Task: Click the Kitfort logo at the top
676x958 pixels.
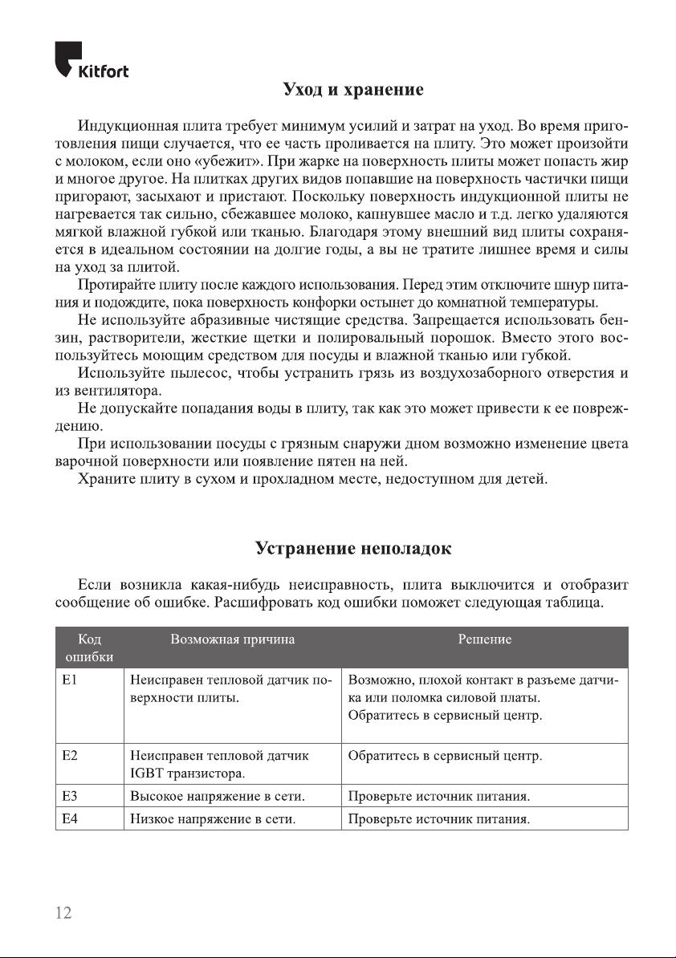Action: point(92,60)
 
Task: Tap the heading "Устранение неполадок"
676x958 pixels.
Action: point(352,549)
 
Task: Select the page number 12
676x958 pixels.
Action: point(63,912)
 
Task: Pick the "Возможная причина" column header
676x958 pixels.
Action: point(233,639)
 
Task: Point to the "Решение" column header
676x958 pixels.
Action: point(484,639)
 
